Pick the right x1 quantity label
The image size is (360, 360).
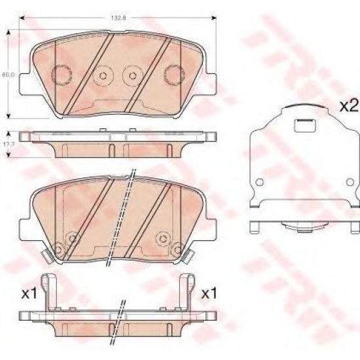point(209,294)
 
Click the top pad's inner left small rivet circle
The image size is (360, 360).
point(102,77)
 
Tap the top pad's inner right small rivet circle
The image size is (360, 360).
point(134,77)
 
